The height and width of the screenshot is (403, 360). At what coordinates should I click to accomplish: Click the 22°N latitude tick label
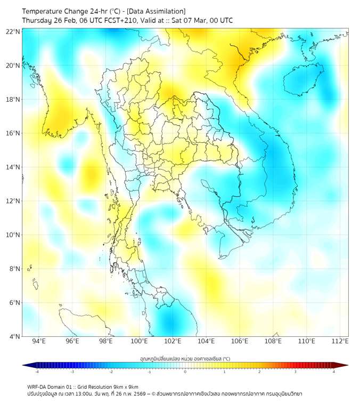[13, 31]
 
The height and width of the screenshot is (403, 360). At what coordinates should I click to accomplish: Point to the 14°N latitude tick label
[13, 167]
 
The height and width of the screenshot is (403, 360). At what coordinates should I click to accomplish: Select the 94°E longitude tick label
[39, 341]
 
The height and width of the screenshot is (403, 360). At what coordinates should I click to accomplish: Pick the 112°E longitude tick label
[340, 341]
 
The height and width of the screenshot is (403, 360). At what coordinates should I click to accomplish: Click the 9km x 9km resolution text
[125, 386]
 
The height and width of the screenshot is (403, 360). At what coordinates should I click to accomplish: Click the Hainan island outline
[303, 80]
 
